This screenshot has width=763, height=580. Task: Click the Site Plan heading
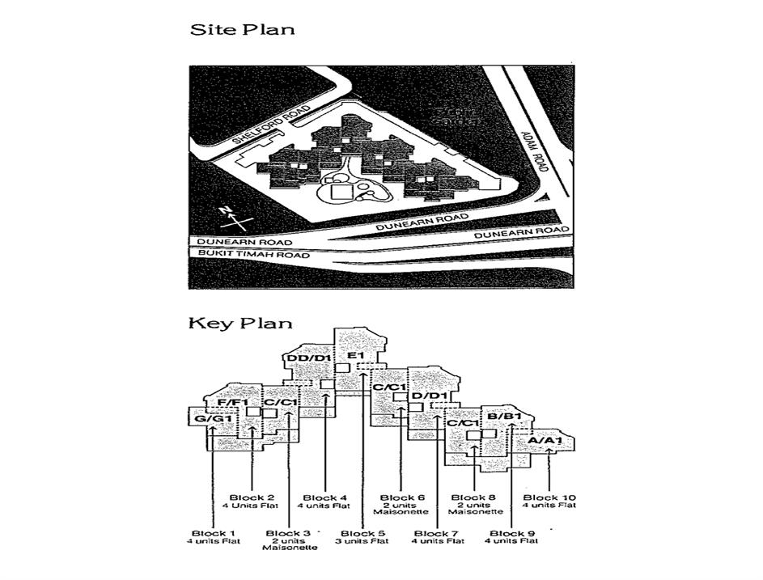[x=242, y=31]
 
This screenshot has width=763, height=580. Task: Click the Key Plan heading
[x=240, y=324]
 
